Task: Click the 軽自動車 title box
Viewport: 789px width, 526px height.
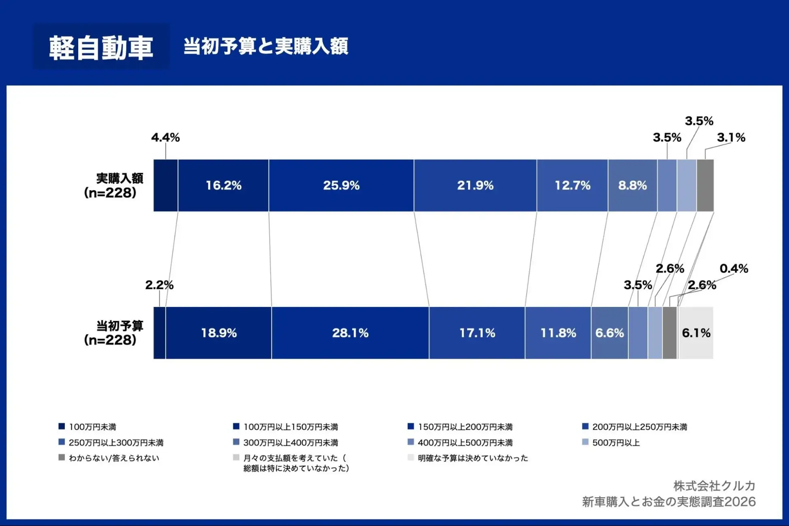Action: click(x=101, y=47)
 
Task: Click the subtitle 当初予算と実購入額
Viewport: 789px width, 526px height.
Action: click(x=265, y=46)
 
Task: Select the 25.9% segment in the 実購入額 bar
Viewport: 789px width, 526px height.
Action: click(x=341, y=185)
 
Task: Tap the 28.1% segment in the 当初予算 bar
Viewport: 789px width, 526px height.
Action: click(x=350, y=333)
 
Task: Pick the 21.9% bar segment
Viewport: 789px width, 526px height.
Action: click(x=475, y=185)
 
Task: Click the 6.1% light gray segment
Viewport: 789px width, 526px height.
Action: click(x=696, y=333)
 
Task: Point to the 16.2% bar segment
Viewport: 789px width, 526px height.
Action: click(x=223, y=185)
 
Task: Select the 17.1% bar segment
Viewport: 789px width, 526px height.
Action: click(x=477, y=333)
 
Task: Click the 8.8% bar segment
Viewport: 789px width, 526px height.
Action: click(x=632, y=185)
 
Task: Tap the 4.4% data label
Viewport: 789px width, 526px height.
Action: click(x=165, y=138)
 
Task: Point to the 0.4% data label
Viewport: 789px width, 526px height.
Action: click(x=734, y=269)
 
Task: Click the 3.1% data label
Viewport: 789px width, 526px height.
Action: click(x=731, y=138)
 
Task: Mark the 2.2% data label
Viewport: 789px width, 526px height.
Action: click(x=159, y=285)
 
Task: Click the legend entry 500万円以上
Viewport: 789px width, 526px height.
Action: click(x=615, y=443)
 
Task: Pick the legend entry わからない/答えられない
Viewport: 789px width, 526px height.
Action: click(x=114, y=458)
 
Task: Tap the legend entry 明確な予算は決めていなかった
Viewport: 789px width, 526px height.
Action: click(x=473, y=458)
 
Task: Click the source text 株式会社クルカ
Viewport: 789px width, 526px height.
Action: click(x=714, y=486)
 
